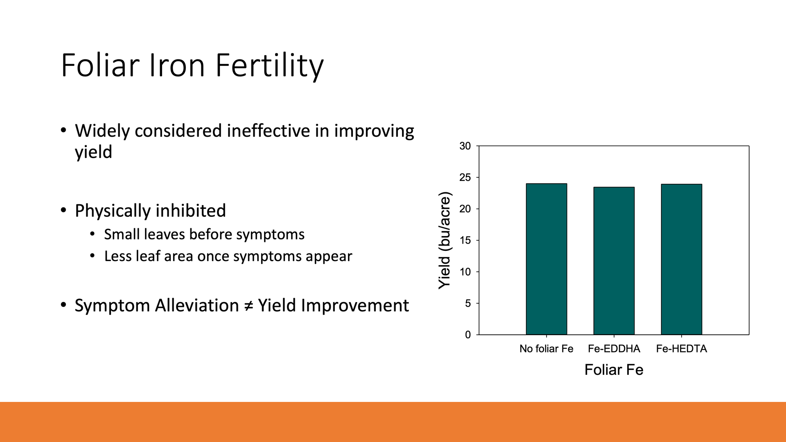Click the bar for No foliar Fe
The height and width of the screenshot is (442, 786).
pyautogui.click(x=546, y=259)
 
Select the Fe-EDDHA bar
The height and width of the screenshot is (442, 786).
pyautogui.click(x=614, y=261)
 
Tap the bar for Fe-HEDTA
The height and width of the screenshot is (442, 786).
pyautogui.click(x=681, y=259)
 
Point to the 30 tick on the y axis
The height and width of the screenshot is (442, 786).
pyautogui.click(x=465, y=146)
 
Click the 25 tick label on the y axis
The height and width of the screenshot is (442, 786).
pyautogui.click(x=465, y=178)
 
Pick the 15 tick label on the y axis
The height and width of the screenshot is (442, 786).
pyautogui.click(x=465, y=240)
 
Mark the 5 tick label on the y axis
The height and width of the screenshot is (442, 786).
pyautogui.click(x=468, y=303)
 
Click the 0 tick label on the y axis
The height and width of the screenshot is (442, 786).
pyautogui.click(x=468, y=335)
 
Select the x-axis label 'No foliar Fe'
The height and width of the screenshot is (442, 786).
pyautogui.click(x=546, y=349)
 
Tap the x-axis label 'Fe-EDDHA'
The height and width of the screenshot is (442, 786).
pyautogui.click(x=614, y=349)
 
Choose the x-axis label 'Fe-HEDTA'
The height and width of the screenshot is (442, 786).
pyautogui.click(x=681, y=349)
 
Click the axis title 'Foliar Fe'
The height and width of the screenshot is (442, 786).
pyautogui.click(x=614, y=370)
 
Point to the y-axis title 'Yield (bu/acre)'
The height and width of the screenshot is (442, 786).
pyautogui.click(x=445, y=240)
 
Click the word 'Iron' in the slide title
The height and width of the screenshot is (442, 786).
pyautogui.click(x=177, y=65)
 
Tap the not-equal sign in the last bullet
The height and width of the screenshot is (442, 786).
pyautogui.click(x=248, y=306)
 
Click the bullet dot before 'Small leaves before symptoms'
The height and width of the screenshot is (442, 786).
pyautogui.click(x=93, y=234)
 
